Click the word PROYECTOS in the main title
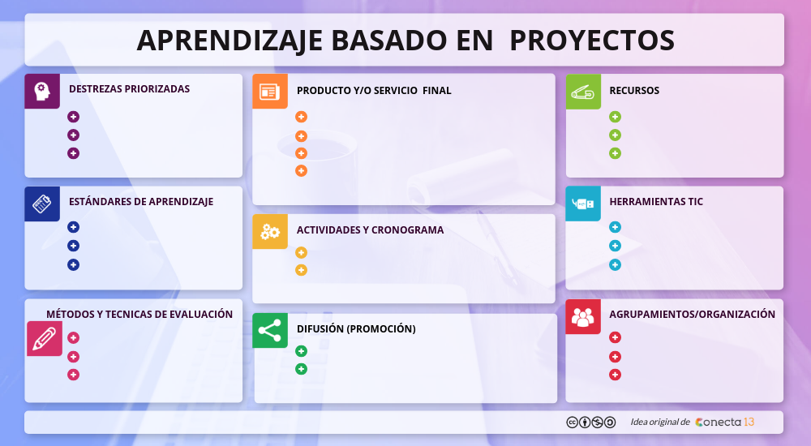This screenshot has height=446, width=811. [592, 40]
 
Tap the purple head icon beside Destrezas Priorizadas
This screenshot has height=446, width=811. [42, 91]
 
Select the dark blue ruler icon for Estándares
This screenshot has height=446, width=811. [42, 204]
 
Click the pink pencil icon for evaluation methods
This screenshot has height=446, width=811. [45, 339]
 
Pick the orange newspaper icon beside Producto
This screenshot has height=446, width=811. [270, 92]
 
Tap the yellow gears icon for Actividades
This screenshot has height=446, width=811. [270, 232]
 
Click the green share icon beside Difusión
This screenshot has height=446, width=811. [270, 330]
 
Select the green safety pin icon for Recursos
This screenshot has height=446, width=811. [583, 92]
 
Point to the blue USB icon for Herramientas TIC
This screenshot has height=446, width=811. [583, 204]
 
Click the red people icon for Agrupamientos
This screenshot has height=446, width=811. [583, 316]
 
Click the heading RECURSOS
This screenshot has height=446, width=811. [634, 91]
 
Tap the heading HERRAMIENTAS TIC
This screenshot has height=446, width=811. [656, 202]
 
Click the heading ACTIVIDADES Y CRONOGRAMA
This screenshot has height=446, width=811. [370, 230]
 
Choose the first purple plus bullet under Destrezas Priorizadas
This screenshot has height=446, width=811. [74, 117]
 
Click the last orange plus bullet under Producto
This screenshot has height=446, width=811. [301, 170]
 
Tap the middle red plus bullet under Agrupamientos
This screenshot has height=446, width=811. [615, 356]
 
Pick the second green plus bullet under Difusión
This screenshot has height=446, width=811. [301, 369]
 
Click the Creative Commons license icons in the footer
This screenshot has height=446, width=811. [590, 422]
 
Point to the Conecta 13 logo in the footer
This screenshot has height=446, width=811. [724, 422]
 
